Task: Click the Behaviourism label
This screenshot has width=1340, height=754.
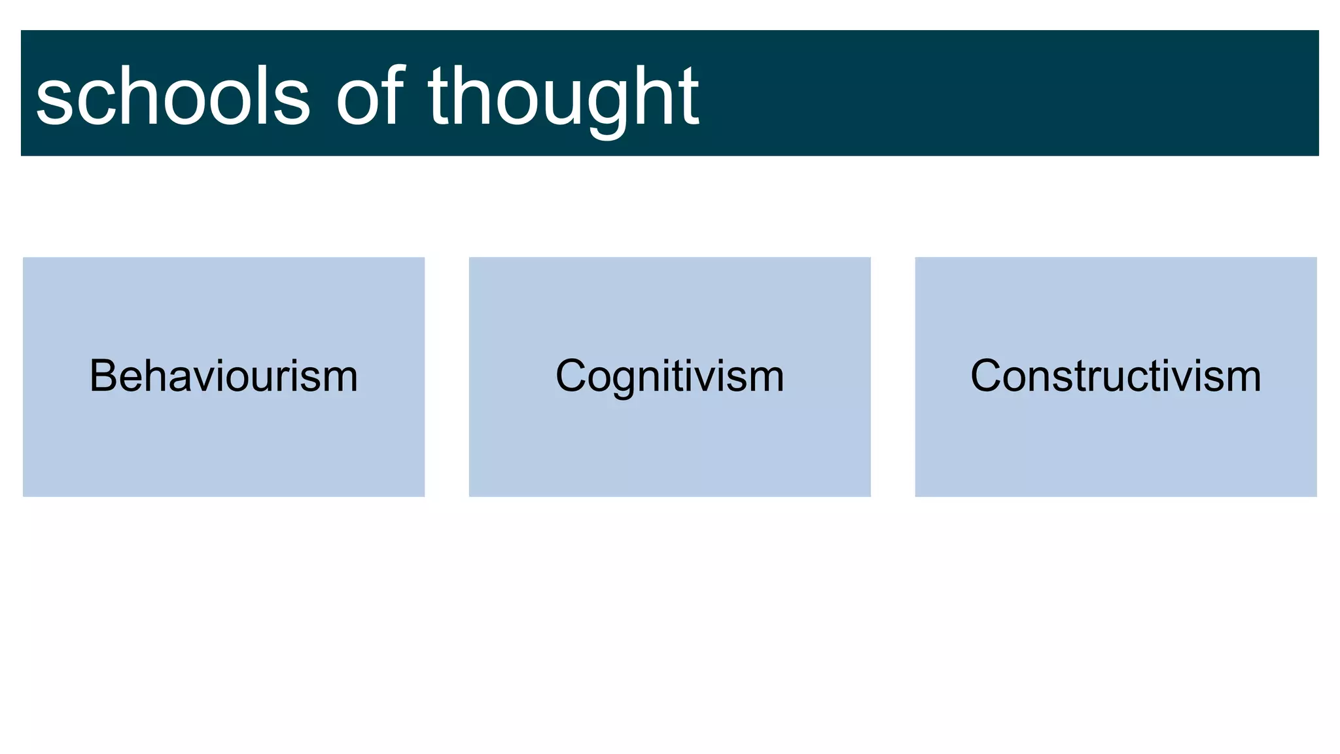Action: pyautogui.click(x=224, y=376)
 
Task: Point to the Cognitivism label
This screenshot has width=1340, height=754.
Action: pyautogui.click(x=669, y=376)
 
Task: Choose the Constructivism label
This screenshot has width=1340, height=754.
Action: pyautogui.click(x=1116, y=376)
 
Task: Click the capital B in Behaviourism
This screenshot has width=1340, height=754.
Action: pyautogui.click(x=103, y=376)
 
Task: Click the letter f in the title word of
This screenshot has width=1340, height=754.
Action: pyautogui.click(x=393, y=95)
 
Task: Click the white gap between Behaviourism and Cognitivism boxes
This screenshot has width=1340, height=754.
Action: pyautogui.click(x=447, y=376)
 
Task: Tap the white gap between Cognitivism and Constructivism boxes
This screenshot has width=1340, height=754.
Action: pyautogui.click(x=892, y=376)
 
